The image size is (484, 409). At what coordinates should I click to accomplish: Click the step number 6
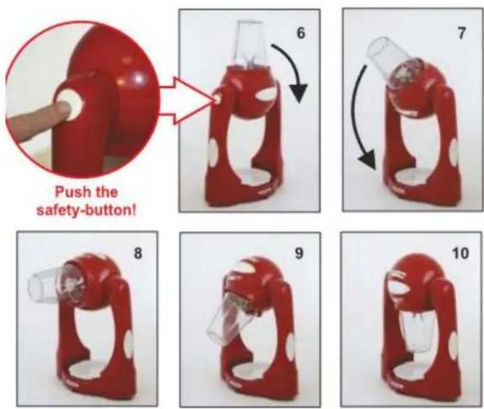click(301, 33)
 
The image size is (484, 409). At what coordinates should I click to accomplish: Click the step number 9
click(300, 256)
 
